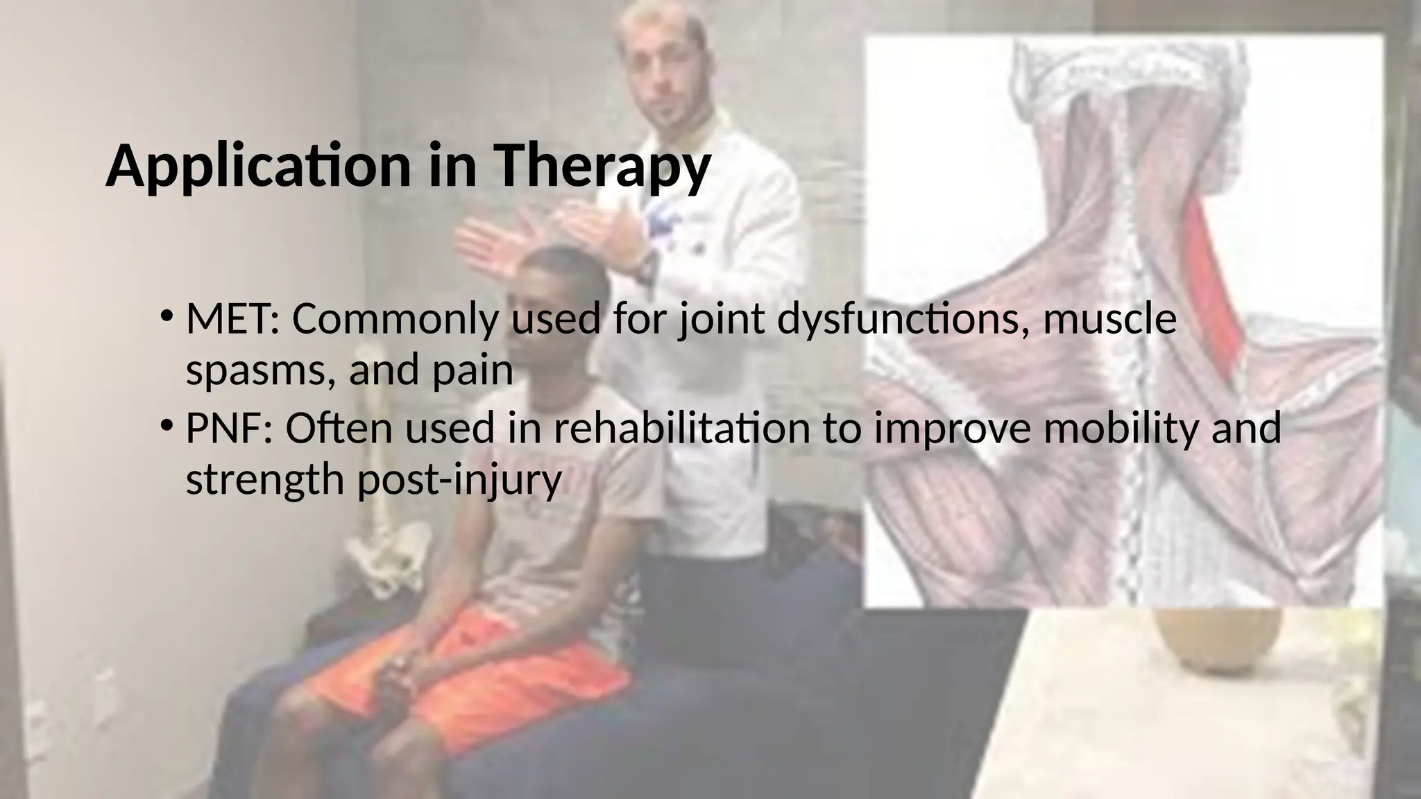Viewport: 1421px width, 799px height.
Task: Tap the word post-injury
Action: coord(459,480)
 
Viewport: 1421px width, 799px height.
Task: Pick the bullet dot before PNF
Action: coord(167,425)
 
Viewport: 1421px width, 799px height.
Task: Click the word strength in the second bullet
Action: coord(264,480)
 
